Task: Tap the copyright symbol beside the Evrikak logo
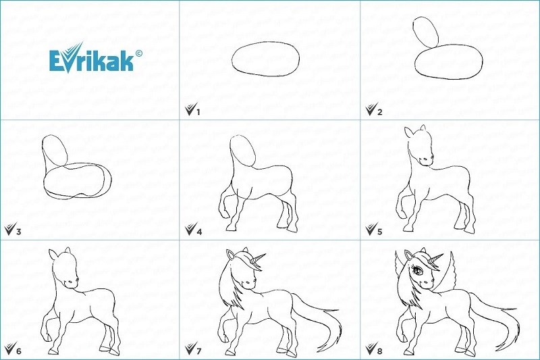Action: [x=138, y=53]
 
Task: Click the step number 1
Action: [x=198, y=111]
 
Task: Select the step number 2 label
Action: [x=379, y=111]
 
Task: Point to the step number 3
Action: [x=19, y=231]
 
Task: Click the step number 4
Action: [x=199, y=231]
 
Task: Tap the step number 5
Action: [x=379, y=231]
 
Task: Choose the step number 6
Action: [x=19, y=351]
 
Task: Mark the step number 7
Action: [x=198, y=351]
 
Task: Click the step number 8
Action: [x=379, y=351]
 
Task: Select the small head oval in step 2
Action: [x=425, y=32]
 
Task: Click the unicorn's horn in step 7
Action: [x=259, y=259]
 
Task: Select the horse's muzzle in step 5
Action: [x=427, y=160]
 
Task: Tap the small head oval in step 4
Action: [x=243, y=151]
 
